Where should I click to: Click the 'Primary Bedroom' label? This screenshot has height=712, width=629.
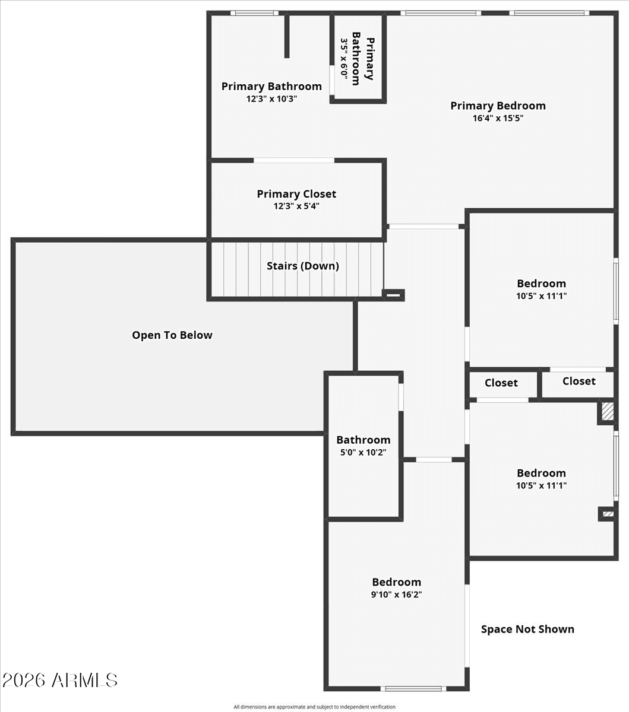point(498,106)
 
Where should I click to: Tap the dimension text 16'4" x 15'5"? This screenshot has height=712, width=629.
point(498,118)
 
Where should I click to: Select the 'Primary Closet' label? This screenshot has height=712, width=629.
point(296,194)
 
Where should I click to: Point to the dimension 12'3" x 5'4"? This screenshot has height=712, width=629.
point(296,206)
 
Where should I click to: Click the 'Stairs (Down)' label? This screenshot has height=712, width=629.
point(302,266)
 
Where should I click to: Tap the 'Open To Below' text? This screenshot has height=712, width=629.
point(172,335)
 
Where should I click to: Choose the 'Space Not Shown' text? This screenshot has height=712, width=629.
point(527,629)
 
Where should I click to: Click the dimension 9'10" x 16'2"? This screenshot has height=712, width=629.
point(397,595)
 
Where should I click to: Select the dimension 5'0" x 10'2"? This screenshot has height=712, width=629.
point(363,452)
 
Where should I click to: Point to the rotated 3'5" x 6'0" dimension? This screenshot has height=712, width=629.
point(344,59)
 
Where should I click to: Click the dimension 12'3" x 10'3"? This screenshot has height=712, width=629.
point(271,98)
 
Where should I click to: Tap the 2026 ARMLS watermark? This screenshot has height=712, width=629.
point(59,681)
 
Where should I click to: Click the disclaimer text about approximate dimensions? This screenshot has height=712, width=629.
point(314,707)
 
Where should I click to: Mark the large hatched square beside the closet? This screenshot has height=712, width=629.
point(608,412)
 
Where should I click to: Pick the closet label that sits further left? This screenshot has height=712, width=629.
point(501,383)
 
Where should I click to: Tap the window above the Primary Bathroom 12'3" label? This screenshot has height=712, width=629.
point(254,14)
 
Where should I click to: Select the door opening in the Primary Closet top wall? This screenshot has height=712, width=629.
point(294,160)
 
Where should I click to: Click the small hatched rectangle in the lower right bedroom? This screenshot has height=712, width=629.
point(608,514)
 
